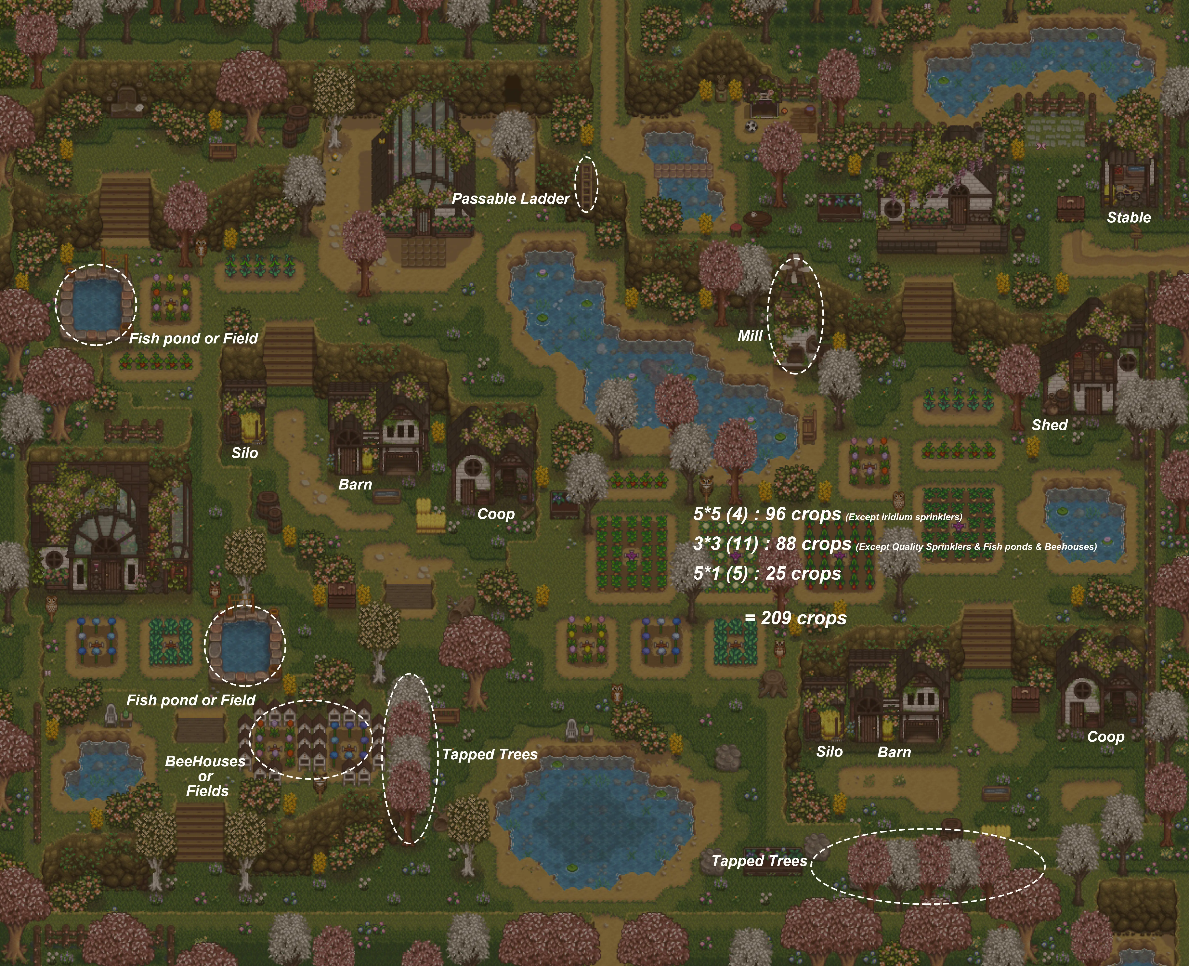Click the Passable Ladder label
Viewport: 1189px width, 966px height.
pyautogui.click(x=510, y=199)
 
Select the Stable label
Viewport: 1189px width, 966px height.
pyautogui.click(x=1128, y=218)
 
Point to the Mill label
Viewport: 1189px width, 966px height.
pyautogui.click(x=749, y=336)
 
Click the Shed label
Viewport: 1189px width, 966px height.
pyautogui.click(x=1049, y=425)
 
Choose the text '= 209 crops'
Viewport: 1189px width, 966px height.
pyautogui.click(x=796, y=618)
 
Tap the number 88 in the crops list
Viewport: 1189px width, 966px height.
pyautogui.click(x=786, y=544)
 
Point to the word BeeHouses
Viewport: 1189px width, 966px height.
pyautogui.click(x=205, y=761)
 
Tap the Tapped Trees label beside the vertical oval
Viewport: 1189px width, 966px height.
pyautogui.click(x=490, y=754)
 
